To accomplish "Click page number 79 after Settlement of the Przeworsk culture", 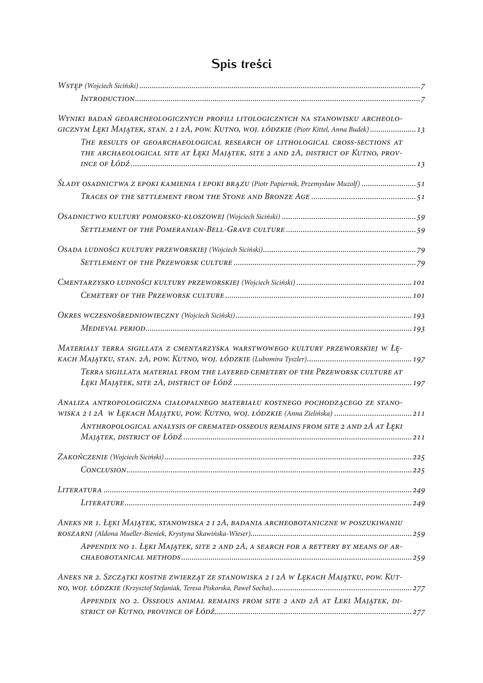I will [x=420, y=263].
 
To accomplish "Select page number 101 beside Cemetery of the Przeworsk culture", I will [x=419, y=296].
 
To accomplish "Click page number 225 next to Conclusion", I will [x=419, y=470].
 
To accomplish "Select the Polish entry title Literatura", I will [x=80, y=490].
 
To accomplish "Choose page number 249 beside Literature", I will [x=419, y=503].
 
